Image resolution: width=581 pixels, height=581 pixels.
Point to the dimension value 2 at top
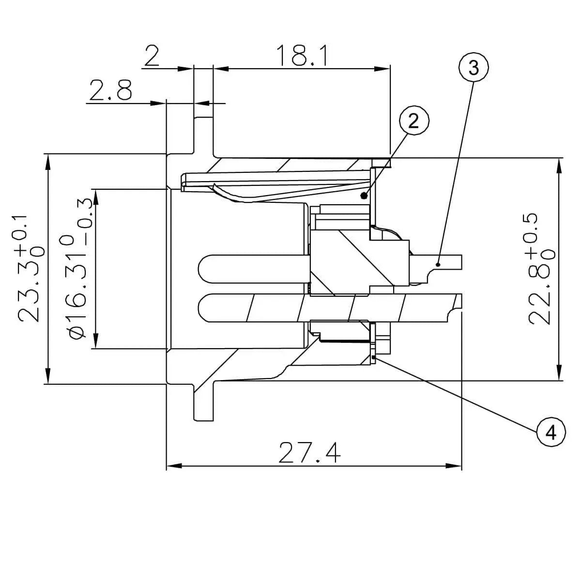152,56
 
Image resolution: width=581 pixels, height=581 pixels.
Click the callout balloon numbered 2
413,121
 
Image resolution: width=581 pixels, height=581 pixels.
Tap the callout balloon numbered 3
473,68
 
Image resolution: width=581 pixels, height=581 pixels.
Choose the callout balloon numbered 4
550,432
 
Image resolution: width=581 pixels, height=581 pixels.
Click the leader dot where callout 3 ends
438,264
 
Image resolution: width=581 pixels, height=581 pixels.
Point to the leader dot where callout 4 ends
375,357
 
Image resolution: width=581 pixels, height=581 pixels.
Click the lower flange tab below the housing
203,404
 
